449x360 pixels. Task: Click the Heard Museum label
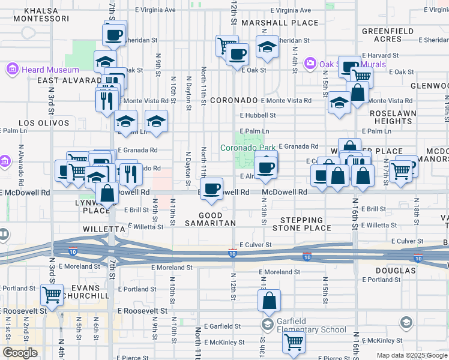point(41,70)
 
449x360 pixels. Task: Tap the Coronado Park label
point(247,147)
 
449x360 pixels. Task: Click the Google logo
point(20,353)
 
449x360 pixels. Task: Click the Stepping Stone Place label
point(301,224)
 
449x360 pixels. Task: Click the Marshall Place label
point(273,23)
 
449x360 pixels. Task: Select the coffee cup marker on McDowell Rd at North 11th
point(211,190)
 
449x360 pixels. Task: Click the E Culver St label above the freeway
point(256,245)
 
